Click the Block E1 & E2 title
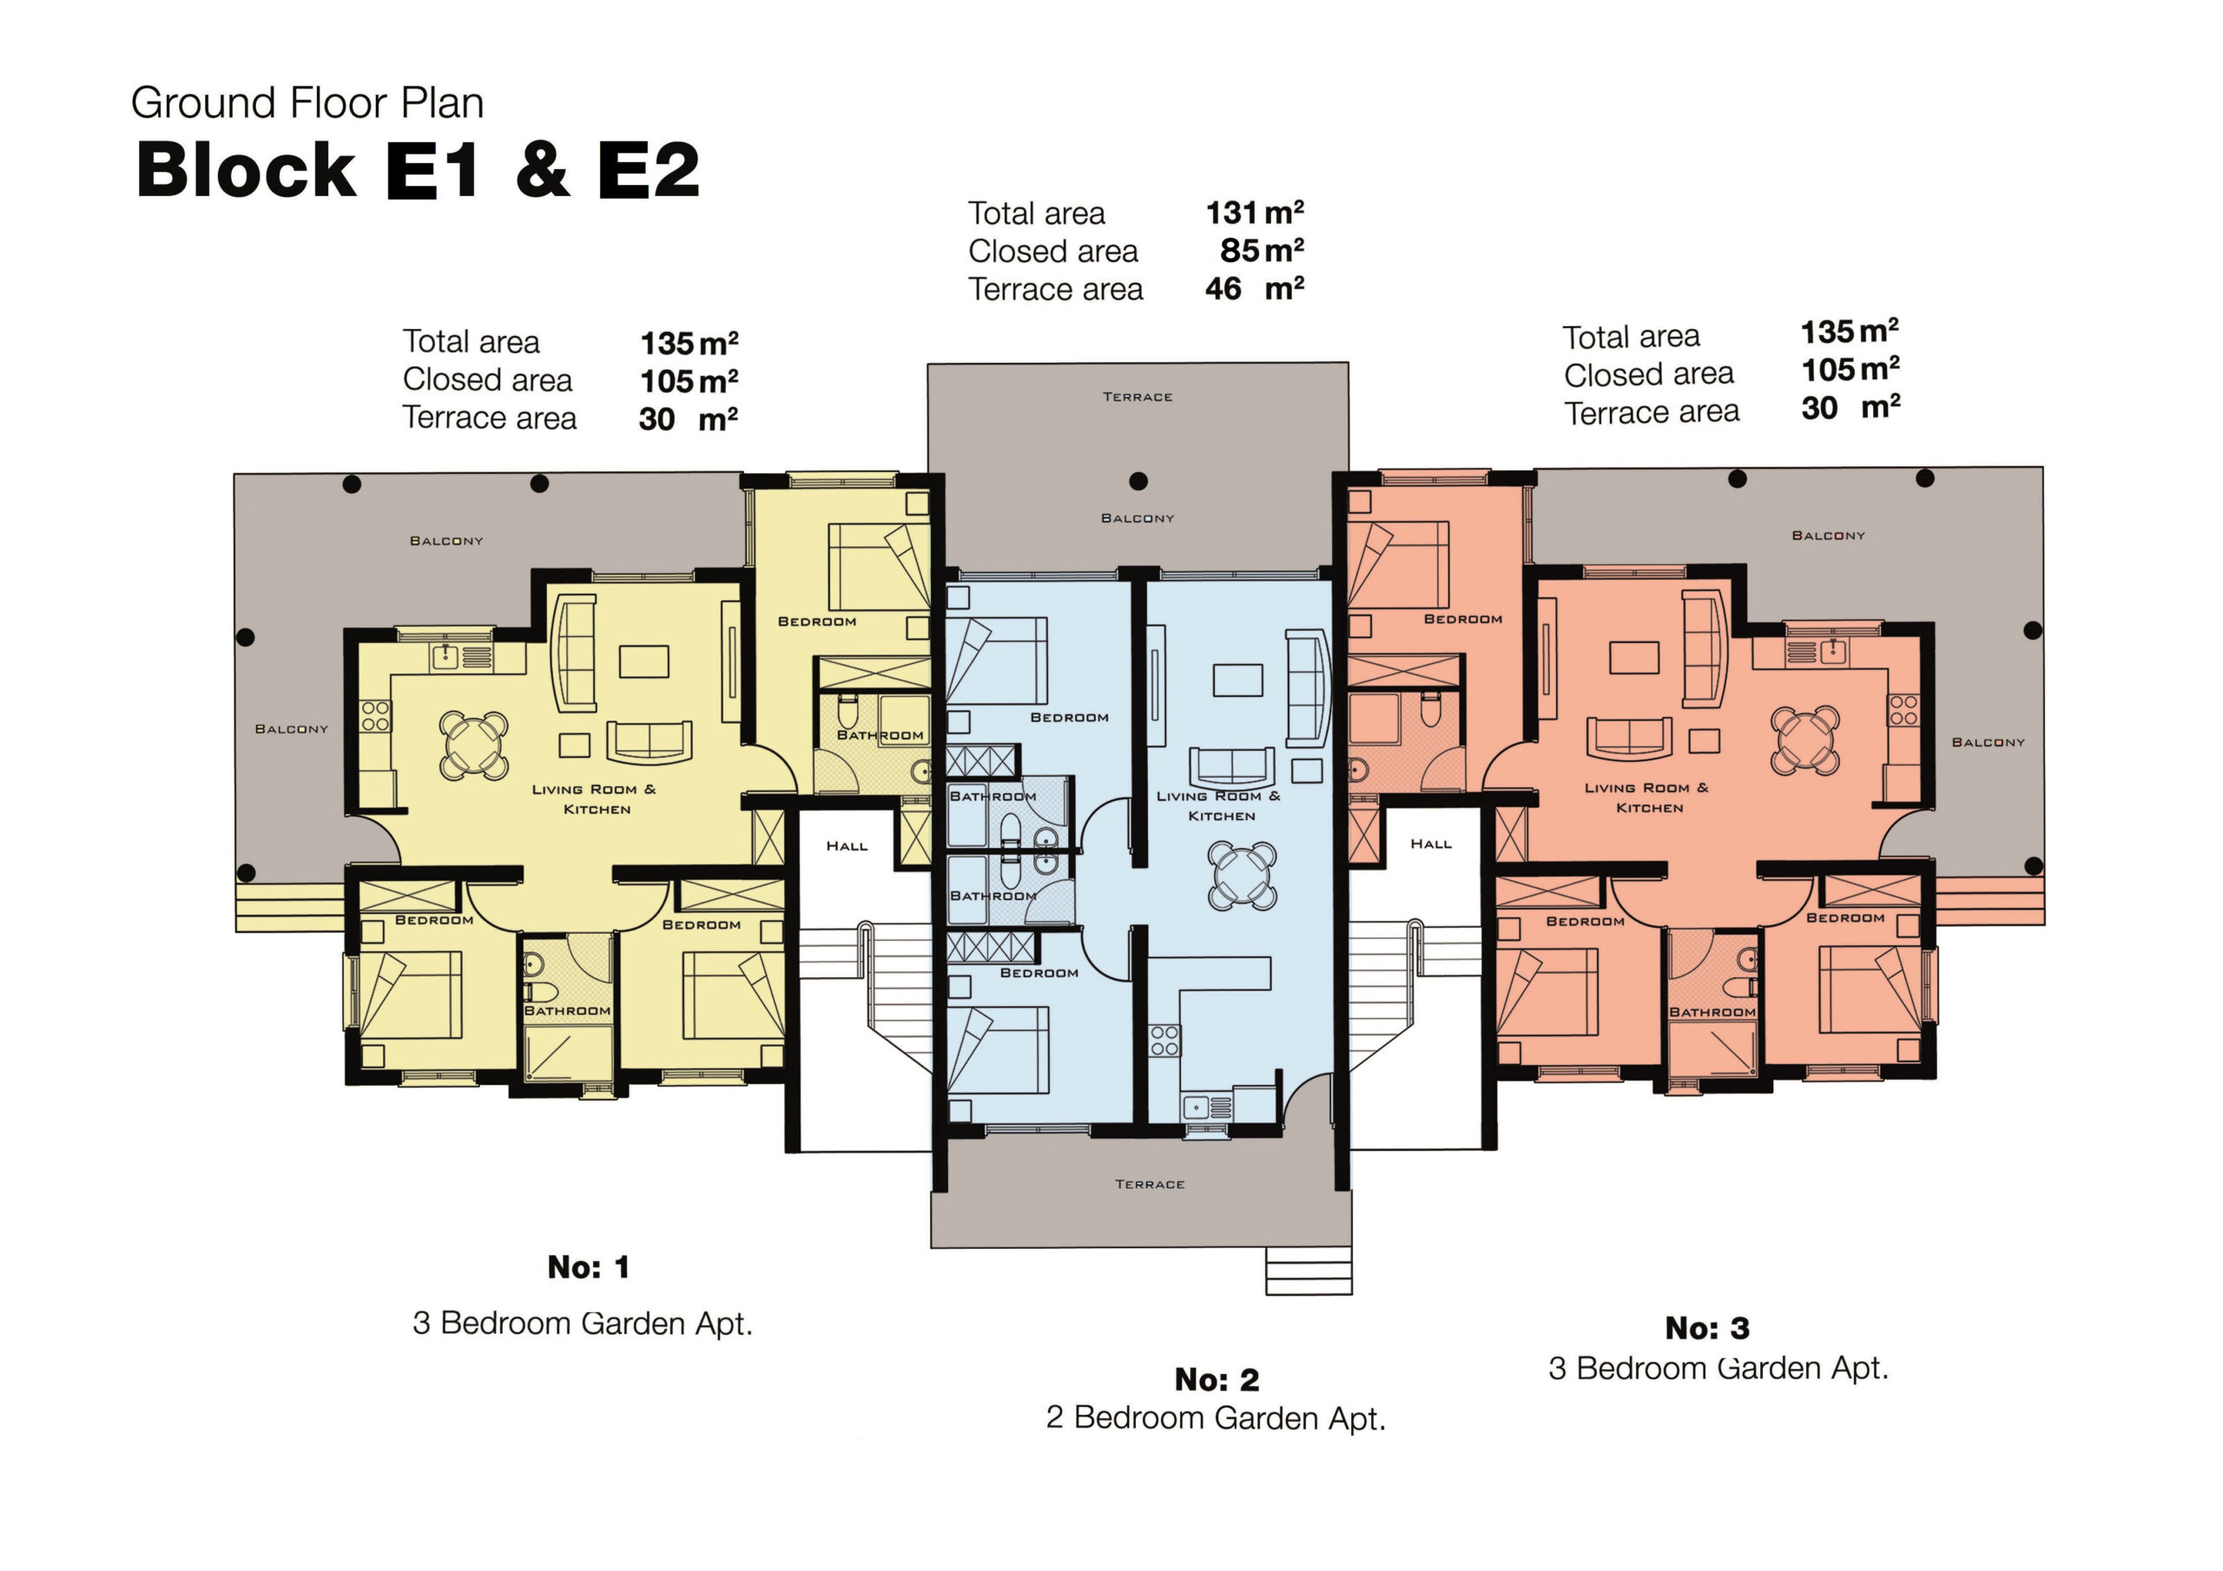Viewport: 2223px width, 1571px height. (418, 169)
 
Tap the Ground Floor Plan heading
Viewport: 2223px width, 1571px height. (307, 102)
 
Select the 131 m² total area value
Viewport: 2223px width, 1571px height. (1255, 212)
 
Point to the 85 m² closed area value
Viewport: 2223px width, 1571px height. (1263, 250)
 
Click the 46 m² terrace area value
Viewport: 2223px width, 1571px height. (1255, 287)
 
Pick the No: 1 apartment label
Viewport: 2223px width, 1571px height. (589, 1267)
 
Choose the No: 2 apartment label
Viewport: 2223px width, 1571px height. (1217, 1379)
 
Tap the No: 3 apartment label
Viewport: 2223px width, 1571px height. (1707, 1328)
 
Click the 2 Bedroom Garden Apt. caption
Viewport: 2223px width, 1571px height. (1216, 1418)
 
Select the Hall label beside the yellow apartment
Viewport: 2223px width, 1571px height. (848, 846)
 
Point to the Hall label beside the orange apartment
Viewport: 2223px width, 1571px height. (1431, 844)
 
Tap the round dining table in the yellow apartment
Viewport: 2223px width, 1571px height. (473, 746)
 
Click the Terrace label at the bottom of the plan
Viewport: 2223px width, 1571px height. (1149, 1184)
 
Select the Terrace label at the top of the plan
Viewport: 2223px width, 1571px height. (1138, 397)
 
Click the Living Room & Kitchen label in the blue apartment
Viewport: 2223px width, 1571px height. (1219, 806)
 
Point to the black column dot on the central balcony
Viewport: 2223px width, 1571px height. (1138, 481)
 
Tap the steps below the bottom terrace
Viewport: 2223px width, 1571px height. (1309, 1270)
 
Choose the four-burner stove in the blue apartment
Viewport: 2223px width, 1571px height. (1164, 1041)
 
